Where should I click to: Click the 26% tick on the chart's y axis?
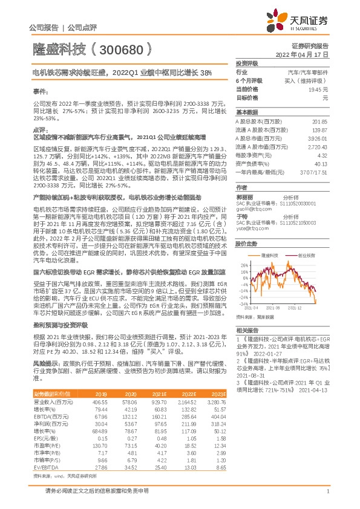pos(243,265)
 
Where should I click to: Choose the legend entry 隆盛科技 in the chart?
pos(270,256)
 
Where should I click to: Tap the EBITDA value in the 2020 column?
pos(131,417)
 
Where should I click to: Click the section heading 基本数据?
pos(246,112)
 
